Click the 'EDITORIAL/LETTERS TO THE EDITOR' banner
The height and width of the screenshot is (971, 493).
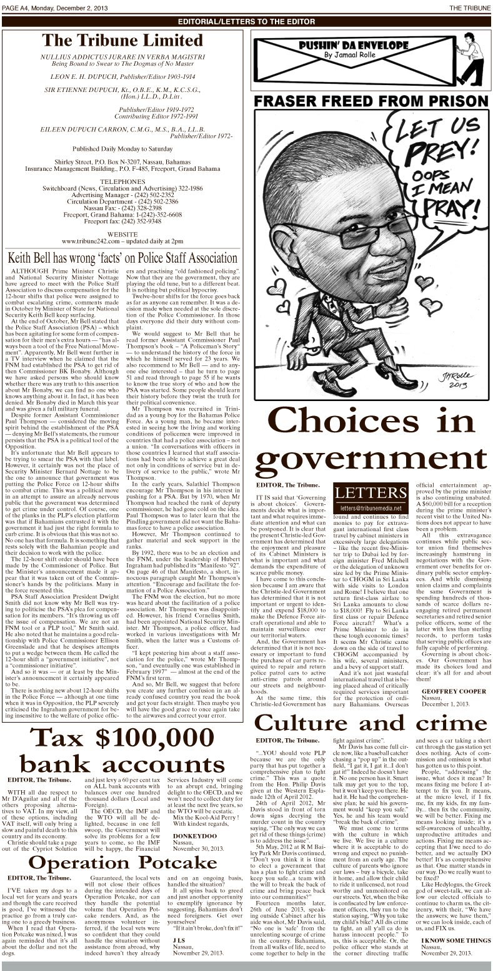(x=246, y=21)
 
